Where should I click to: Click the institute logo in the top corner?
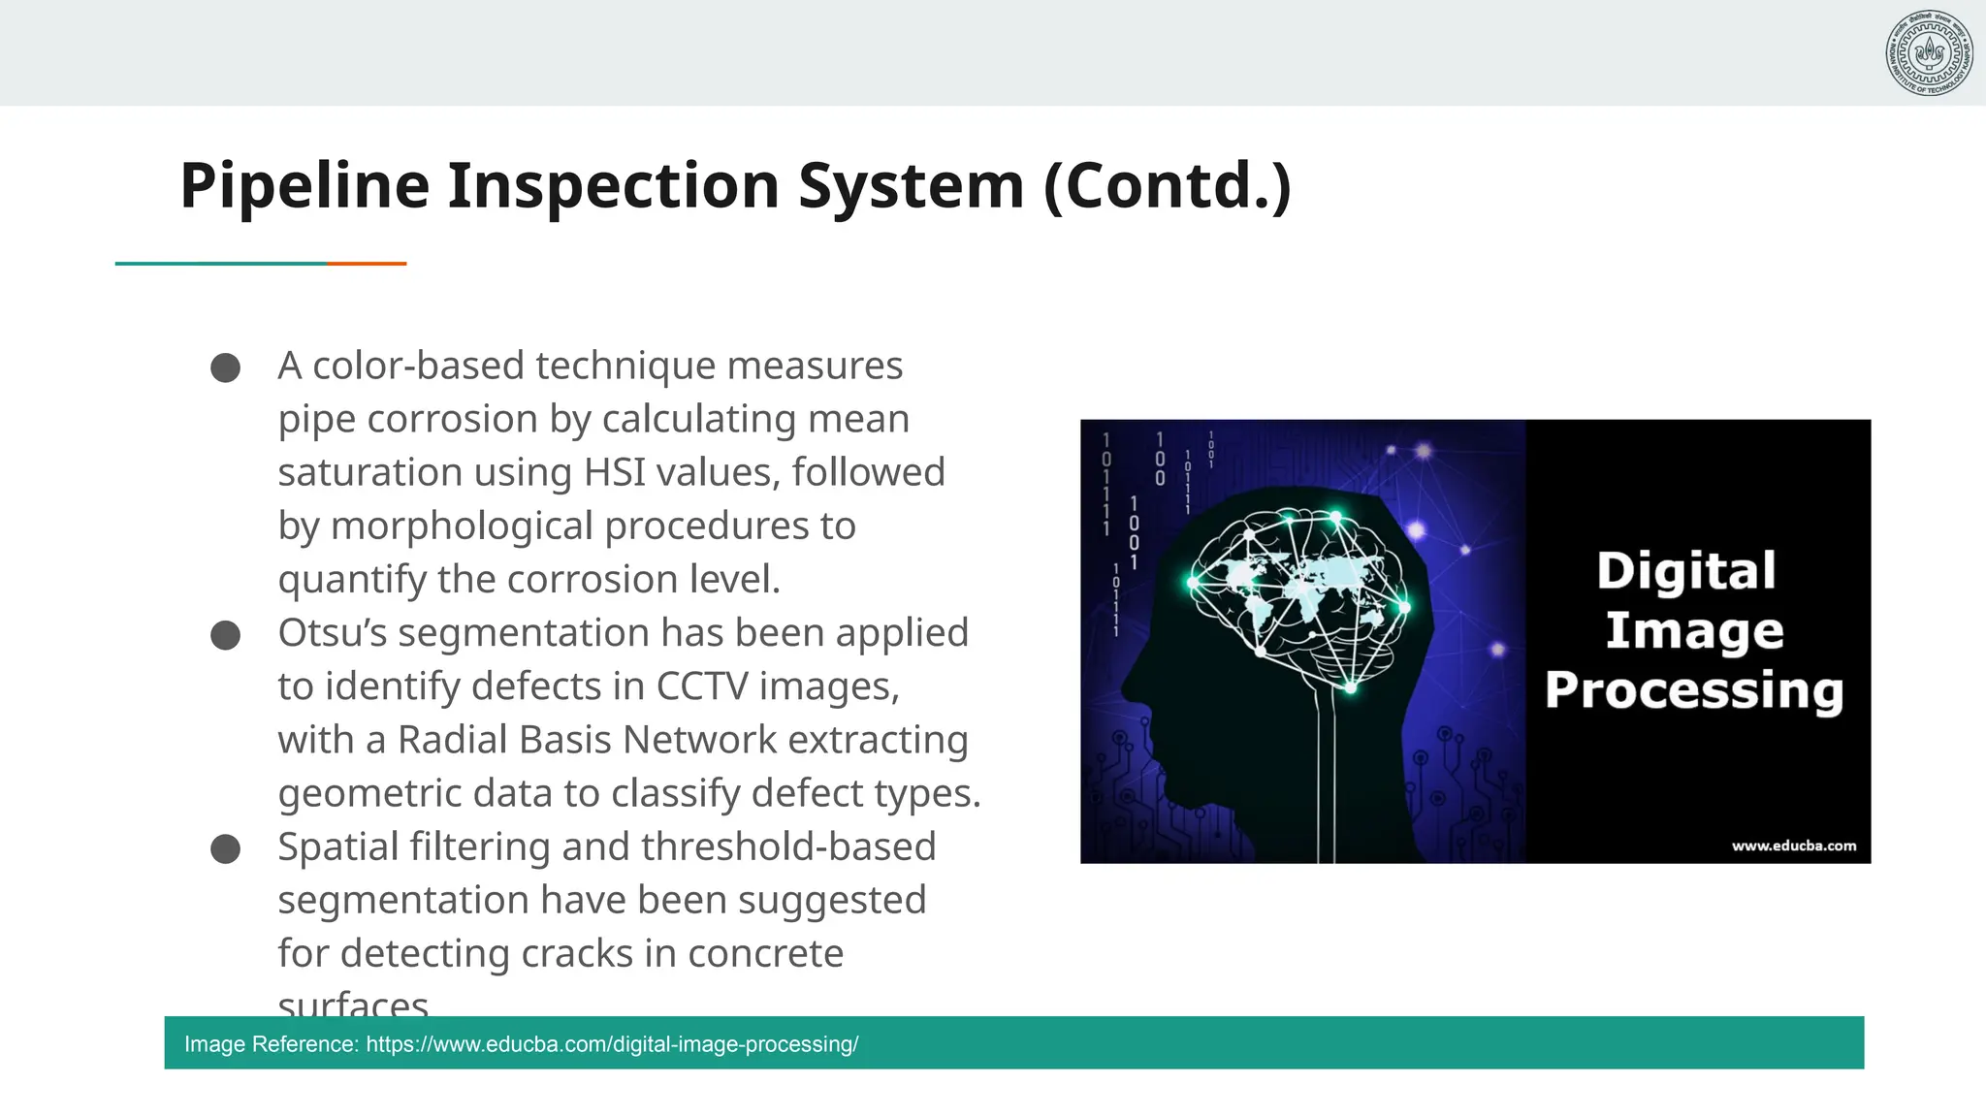pos(1929,53)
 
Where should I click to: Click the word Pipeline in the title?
pos(304,185)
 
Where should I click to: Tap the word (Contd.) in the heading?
pos(1168,185)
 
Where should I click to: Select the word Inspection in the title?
pos(613,185)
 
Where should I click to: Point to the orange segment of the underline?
pos(367,263)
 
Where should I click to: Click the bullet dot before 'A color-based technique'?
pos(225,367)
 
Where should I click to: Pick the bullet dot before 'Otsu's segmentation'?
pos(225,635)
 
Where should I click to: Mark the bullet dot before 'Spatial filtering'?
pos(225,848)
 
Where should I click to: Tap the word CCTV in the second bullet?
pos(702,686)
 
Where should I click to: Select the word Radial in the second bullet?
pos(453,740)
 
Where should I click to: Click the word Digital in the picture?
pos(1686,570)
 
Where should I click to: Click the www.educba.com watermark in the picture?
pos(1793,846)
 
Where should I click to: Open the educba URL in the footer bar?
pos(612,1044)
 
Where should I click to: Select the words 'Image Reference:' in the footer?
pos(272,1044)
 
